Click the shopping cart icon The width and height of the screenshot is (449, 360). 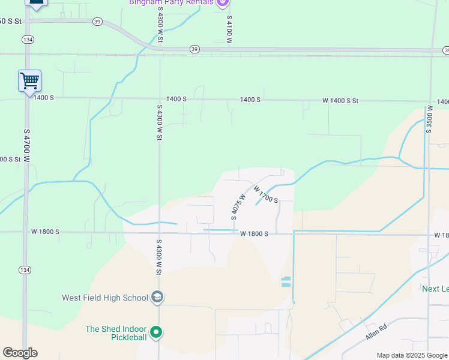(x=29, y=80)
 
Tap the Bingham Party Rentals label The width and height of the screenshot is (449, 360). (x=171, y=2)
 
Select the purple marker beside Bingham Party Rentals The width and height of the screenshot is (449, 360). (x=223, y=3)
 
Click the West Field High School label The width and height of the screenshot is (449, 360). (x=105, y=298)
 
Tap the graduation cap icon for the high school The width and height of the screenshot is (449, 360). (x=157, y=297)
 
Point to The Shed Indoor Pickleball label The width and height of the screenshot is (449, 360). (x=116, y=333)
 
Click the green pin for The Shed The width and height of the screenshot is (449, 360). (x=156, y=332)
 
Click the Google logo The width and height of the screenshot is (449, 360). (x=20, y=352)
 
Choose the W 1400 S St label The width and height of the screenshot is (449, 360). (x=340, y=101)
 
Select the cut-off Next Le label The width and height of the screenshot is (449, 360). (x=435, y=289)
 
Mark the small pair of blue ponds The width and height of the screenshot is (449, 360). (x=286, y=281)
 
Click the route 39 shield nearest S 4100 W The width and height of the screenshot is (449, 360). (x=194, y=49)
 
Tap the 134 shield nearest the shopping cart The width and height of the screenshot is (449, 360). (x=27, y=39)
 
